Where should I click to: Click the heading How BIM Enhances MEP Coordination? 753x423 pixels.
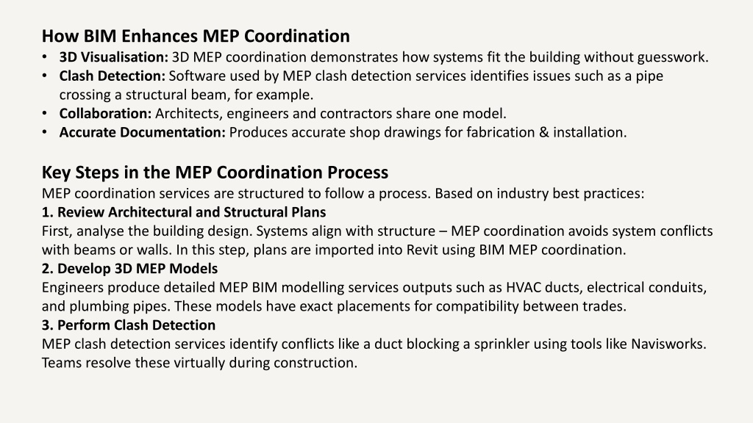click(x=196, y=36)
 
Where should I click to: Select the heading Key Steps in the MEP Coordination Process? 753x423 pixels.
click(x=215, y=173)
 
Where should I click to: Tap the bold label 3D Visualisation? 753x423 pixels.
click(x=114, y=57)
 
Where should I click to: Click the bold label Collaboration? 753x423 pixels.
click(x=105, y=114)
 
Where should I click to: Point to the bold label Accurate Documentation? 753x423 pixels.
click(x=142, y=132)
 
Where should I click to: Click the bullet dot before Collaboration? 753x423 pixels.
click(x=45, y=114)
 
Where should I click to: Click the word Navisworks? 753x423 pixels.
click(x=668, y=344)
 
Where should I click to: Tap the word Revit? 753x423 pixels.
click(x=421, y=250)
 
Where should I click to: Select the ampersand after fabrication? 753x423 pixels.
click(x=543, y=132)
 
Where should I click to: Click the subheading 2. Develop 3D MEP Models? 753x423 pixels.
click(x=129, y=269)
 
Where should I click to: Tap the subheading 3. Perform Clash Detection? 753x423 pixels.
click(x=129, y=325)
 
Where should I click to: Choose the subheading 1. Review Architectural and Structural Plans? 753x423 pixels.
click(x=184, y=212)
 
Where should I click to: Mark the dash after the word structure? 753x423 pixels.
click(x=443, y=231)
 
